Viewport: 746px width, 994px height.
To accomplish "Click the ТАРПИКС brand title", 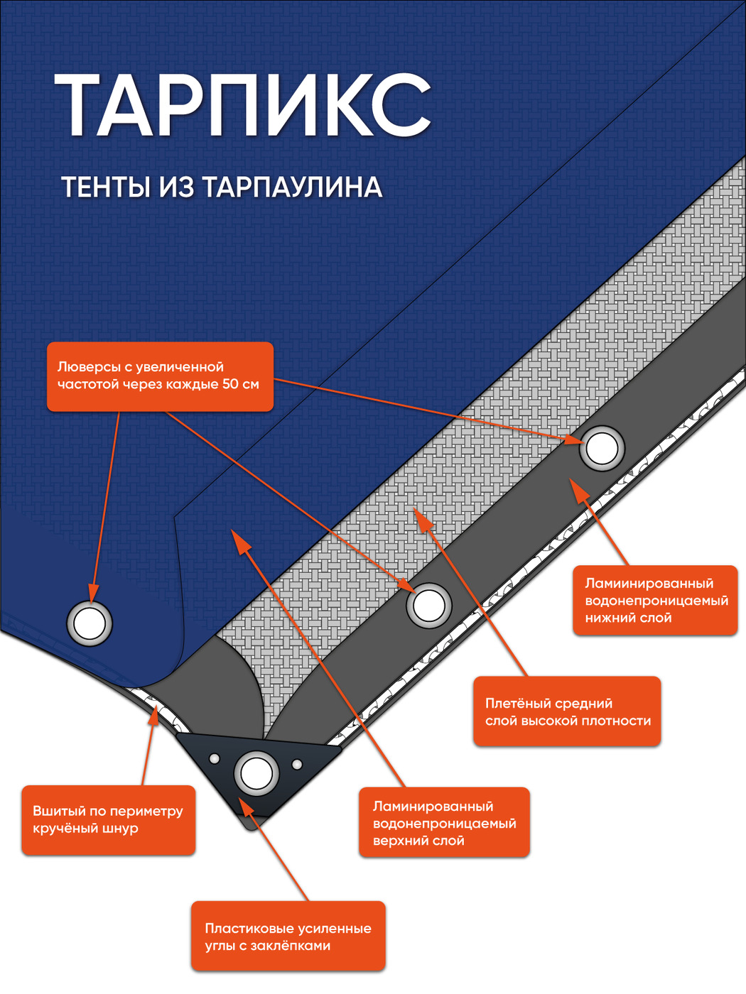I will [242, 104].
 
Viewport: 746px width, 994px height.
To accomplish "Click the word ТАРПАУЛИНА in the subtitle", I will [292, 187].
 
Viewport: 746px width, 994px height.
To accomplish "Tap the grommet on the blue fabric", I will [90, 623].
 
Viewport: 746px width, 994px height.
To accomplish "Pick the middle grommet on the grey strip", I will [428, 606].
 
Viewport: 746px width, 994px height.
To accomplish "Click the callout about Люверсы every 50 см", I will [160, 376].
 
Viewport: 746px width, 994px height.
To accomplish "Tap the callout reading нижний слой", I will [655, 601].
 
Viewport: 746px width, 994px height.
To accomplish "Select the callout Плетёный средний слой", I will [567, 712].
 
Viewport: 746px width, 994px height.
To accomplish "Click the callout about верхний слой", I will [444, 823].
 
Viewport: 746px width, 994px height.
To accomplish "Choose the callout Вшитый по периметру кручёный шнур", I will [108, 820].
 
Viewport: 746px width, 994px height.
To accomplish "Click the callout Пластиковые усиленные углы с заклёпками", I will [288, 937].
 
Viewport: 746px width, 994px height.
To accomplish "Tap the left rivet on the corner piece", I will [214, 759].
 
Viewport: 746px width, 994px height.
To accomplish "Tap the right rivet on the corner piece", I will [297, 765].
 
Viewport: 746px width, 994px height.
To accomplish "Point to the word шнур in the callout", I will [121, 829].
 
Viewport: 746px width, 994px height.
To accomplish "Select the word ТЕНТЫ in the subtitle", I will [106, 187].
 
